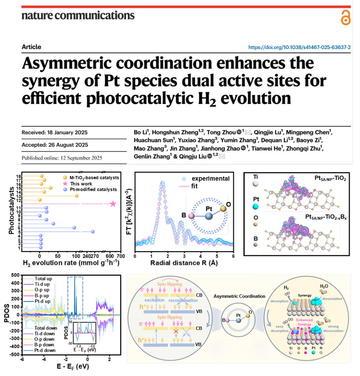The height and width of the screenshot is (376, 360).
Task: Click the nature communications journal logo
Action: click(x=78, y=15)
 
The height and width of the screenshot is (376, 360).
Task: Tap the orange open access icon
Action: click(x=345, y=18)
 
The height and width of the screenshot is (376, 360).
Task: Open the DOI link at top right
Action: click(x=299, y=47)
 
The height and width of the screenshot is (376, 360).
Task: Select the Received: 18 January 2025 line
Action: click(x=54, y=133)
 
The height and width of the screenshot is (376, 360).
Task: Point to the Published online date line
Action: click(x=62, y=158)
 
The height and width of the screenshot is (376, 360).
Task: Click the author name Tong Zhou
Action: click(x=221, y=132)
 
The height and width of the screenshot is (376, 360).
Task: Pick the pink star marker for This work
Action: click(x=113, y=204)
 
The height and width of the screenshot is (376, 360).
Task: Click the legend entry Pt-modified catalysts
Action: click(x=93, y=189)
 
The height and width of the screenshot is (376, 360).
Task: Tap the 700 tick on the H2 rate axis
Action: click(x=121, y=256)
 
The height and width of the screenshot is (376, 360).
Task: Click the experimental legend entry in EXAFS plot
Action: click(x=210, y=179)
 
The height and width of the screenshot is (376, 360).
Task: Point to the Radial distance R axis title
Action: click(x=184, y=263)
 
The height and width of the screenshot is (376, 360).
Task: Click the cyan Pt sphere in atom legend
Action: click(x=256, y=206)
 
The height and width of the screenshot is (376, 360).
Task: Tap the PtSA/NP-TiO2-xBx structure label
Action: click(x=326, y=217)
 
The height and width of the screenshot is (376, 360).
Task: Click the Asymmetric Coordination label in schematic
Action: click(x=239, y=296)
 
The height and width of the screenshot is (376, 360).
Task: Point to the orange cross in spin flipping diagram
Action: click(x=176, y=331)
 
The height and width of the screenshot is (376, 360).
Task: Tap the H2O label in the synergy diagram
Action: click(x=324, y=286)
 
